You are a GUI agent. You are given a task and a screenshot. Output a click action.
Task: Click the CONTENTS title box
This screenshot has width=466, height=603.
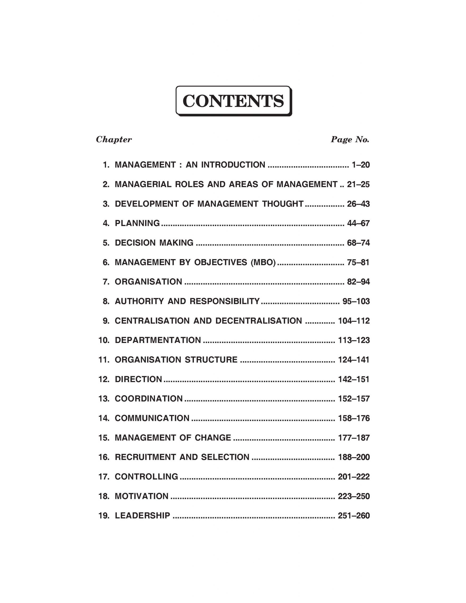tap(233, 101)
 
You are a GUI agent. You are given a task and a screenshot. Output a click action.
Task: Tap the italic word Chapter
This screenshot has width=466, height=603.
tap(114, 140)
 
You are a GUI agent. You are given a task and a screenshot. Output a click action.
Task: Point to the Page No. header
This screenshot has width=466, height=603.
tap(350, 140)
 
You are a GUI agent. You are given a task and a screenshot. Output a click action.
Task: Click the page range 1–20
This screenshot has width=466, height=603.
tap(360, 165)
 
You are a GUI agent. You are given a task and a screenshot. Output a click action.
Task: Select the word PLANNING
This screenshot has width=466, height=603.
tap(137, 223)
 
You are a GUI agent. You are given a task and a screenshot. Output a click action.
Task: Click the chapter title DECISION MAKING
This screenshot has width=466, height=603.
tap(154, 243)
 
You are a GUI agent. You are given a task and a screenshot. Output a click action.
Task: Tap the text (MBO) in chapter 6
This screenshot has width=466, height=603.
tap(263, 262)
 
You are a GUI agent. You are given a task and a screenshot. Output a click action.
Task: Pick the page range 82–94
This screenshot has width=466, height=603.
tap(358, 282)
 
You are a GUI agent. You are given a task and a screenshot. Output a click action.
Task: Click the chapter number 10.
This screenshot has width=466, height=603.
tap(104, 340)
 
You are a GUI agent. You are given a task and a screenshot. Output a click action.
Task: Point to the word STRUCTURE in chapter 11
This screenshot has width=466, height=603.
tap(211, 360)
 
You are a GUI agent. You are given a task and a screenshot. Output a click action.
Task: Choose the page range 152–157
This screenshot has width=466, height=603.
tap(354, 399)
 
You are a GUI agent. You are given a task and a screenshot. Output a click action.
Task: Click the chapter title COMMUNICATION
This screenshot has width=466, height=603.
tap(152, 418)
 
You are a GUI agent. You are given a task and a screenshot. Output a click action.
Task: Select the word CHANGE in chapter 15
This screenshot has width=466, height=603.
tap(213, 438)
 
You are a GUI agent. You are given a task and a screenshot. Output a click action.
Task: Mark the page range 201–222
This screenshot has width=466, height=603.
tap(354, 477)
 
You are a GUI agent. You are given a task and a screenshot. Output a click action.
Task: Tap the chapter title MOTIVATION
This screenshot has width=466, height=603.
tap(141, 496)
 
